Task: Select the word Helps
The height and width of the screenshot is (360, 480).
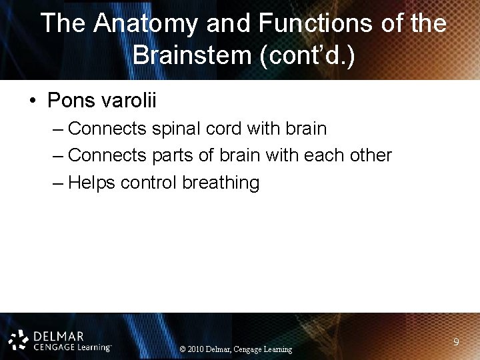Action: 93,183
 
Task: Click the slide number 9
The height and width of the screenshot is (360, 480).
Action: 455,342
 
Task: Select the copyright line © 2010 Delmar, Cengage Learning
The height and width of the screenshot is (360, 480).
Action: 236,349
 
